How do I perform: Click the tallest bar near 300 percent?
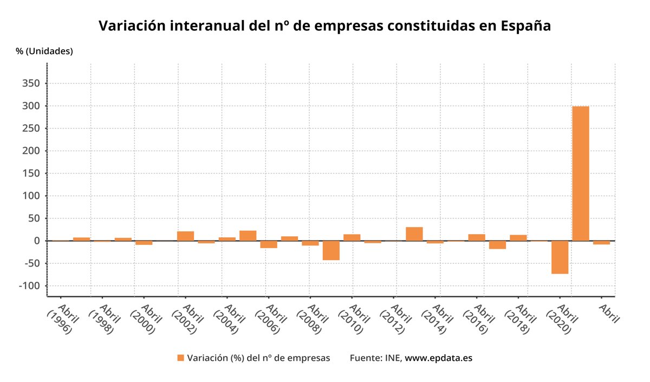(581, 173)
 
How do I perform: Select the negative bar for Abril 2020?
(560, 257)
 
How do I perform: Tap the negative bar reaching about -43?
(331, 250)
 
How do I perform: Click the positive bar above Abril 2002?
(185, 236)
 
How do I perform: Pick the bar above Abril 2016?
(477, 237)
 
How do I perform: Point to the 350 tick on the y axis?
(31, 83)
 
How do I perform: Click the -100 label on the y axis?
(30, 286)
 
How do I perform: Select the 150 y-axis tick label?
(31, 173)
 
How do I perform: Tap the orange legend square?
(180, 358)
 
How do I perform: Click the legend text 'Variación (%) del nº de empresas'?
(258, 358)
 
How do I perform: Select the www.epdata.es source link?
(438, 358)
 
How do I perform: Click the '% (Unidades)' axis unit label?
(44, 51)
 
